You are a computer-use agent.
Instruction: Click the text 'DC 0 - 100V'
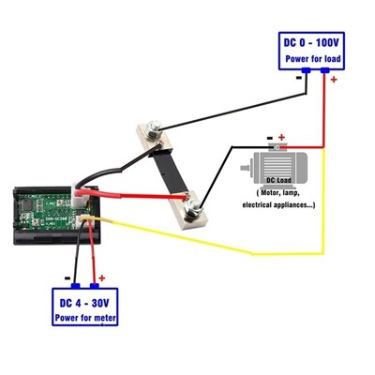pos(311,43)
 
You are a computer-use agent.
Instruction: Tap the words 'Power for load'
pos(313,59)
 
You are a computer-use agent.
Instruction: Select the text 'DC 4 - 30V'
pos(84,303)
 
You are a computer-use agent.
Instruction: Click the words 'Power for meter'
pos(85,318)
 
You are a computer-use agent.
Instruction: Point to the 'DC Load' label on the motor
pos(278,180)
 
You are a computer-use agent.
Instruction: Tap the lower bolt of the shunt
pos(193,208)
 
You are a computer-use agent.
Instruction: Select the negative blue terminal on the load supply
pos(306,70)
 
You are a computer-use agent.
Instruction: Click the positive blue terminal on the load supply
pos(325,70)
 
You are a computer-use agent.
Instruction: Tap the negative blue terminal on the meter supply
pos(76,286)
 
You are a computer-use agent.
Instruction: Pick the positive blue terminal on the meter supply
pos(95,286)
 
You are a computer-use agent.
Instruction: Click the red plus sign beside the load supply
pos(334,80)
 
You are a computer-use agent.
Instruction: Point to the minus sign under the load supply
pos(298,78)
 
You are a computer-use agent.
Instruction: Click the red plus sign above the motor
pos(281,137)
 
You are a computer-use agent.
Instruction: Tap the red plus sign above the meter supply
pos(102,278)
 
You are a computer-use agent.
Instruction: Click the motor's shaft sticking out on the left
pos(247,168)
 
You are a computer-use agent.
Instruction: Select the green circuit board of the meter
pos(45,209)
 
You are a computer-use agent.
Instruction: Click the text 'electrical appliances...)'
pos(278,205)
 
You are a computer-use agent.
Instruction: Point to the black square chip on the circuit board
pos(29,205)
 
